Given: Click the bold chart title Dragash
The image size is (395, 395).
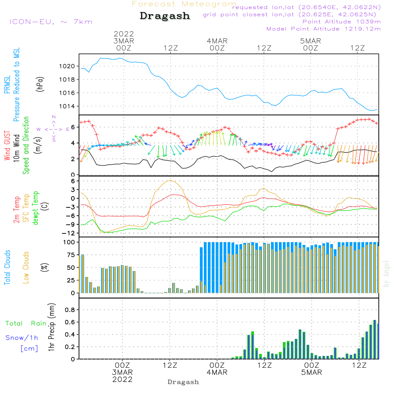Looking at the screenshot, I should tap(165, 16).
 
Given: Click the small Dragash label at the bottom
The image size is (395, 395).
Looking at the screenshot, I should tap(183, 382).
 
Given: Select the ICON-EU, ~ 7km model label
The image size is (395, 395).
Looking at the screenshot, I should tap(51, 22).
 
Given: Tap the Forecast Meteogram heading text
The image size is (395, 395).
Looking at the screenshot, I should tap(184, 4).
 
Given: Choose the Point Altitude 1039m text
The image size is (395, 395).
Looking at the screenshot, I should tap(341, 22).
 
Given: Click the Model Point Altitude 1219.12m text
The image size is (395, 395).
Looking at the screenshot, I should tap(324, 29).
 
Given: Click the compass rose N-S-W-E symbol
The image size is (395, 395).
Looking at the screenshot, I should tap(53, 129).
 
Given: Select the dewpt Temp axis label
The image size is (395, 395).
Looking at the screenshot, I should tap(36, 208).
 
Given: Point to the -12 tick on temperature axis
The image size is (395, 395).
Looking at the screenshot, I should tap(69, 232).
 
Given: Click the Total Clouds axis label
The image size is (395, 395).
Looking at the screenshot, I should tap(7, 267).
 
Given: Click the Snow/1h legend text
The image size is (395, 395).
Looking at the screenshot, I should tap(22, 338).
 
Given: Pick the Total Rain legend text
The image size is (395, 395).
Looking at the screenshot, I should tap(26, 324).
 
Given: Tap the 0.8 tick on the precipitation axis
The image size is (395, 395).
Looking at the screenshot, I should tap(70, 310).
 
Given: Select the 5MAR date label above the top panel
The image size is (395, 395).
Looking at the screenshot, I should tap(310, 41).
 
